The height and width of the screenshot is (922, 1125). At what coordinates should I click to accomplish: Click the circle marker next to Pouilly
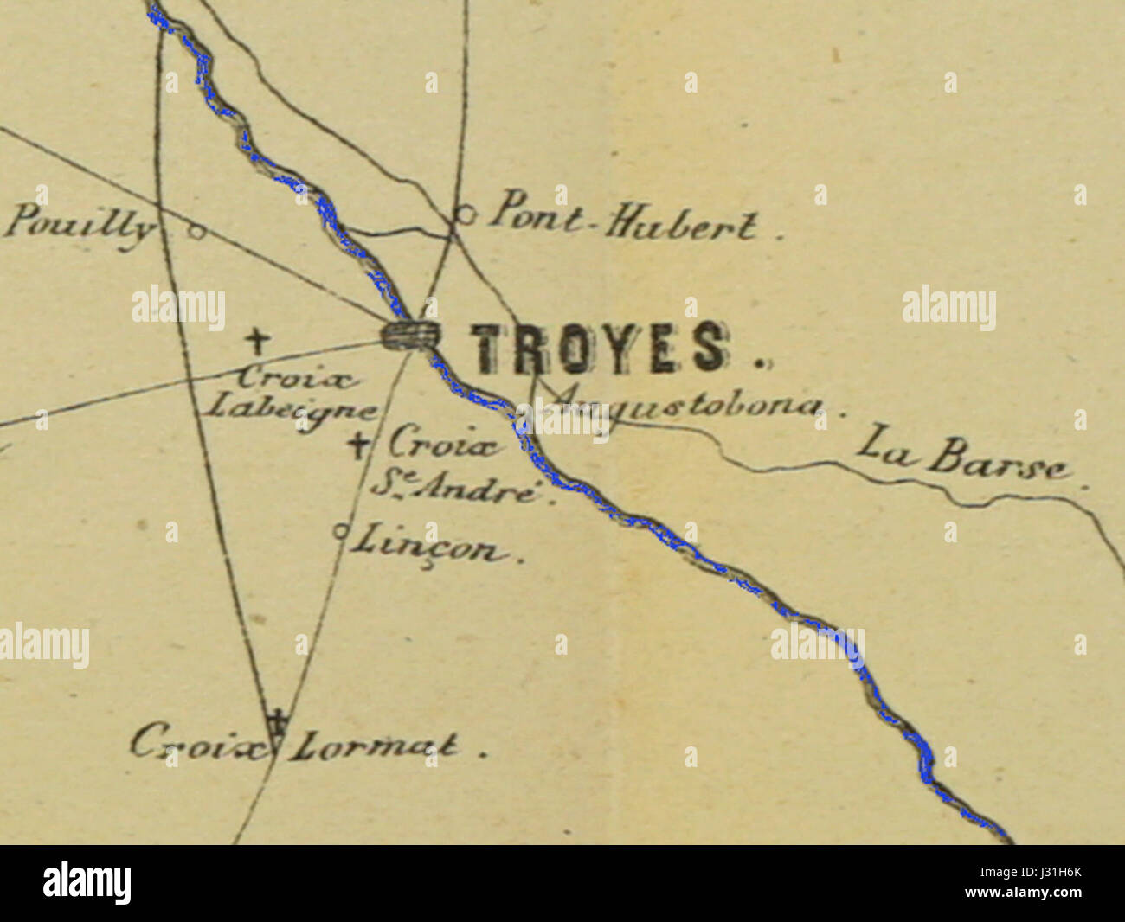click(196, 231)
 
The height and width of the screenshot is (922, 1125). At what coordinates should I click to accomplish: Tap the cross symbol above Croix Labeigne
click(255, 341)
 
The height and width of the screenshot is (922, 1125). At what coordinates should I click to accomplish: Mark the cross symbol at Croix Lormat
click(277, 718)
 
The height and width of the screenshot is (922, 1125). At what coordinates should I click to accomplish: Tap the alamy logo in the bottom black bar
click(87, 882)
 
